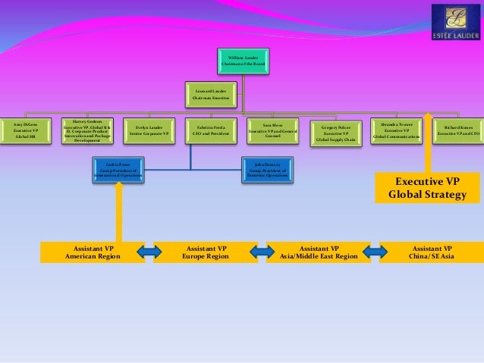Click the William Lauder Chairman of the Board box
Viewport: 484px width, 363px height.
243,61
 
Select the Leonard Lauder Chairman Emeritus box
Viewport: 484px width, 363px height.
211,93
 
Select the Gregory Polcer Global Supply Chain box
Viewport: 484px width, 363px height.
335,131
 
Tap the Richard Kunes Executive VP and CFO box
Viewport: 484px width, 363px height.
457,130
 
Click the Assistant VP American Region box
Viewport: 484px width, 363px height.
92,252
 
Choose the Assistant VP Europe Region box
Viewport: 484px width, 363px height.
205,252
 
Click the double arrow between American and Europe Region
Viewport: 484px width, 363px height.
149,252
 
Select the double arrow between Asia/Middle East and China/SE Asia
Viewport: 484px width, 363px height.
374,252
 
